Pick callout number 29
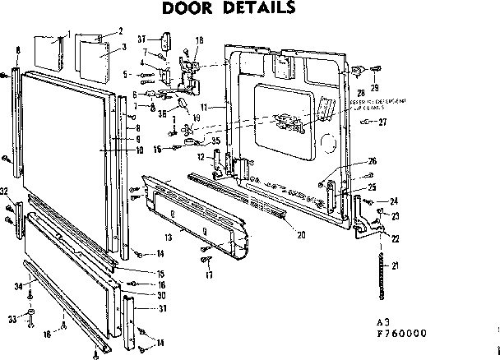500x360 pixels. click(x=374, y=87)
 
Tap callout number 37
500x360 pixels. click(x=143, y=39)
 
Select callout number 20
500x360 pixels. click(x=301, y=235)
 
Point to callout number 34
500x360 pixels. click(x=18, y=285)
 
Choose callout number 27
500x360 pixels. click(x=382, y=122)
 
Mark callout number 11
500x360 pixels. click(x=203, y=108)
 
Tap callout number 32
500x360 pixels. click(x=5, y=192)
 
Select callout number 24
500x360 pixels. click(x=394, y=201)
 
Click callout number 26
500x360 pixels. click(x=372, y=161)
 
